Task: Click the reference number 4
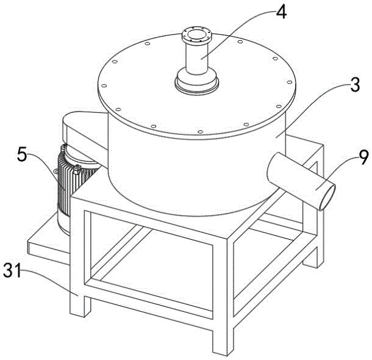pos(281,12)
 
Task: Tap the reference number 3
pos(355,84)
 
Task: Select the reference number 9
pos(363,157)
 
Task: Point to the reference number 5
pos(22,154)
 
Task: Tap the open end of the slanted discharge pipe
pos(327,198)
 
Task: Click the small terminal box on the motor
pos(77,169)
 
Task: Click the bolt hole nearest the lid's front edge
pos(200,132)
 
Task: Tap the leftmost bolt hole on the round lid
pos(104,85)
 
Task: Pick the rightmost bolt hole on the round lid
pos(290,82)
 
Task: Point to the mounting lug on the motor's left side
pos(56,171)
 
